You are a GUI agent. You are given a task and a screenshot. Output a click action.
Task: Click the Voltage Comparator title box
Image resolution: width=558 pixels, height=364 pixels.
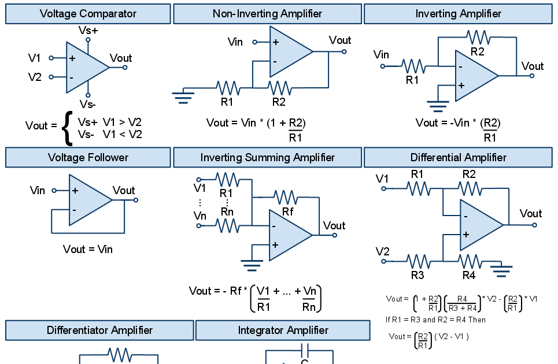(88, 14)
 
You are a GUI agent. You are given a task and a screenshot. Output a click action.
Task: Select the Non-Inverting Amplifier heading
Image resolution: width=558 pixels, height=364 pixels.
(267, 14)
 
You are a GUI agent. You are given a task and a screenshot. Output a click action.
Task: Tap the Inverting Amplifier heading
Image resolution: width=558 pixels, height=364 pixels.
(458, 14)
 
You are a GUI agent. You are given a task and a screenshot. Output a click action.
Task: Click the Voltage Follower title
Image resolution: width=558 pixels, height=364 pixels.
(88, 157)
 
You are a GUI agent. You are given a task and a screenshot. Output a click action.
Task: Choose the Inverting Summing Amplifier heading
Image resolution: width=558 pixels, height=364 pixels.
(267, 157)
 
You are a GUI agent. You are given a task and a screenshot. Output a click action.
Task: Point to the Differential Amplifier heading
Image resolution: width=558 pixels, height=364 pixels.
(458, 157)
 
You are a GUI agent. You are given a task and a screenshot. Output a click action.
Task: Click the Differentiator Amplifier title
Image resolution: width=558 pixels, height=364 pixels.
(99, 330)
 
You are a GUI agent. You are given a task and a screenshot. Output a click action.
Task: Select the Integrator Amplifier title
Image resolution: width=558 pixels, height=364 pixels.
(283, 330)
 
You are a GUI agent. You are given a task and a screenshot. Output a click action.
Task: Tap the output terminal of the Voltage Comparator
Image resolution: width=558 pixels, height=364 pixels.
(125, 68)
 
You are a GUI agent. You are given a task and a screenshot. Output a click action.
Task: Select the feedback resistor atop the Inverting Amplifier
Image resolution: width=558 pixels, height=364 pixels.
(478, 38)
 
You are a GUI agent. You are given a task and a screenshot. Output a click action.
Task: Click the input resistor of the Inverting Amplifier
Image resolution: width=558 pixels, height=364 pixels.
(414, 66)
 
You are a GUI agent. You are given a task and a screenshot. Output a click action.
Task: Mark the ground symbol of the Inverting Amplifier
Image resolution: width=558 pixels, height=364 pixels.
(438, 106)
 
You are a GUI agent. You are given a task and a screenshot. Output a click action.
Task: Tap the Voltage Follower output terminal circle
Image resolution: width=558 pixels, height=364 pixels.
(136, 200)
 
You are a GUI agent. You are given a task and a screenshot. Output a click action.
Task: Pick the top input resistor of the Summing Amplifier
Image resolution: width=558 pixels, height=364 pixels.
(228, 180)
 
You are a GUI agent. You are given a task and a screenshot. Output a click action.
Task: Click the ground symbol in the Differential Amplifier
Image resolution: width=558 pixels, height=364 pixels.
(501, 270)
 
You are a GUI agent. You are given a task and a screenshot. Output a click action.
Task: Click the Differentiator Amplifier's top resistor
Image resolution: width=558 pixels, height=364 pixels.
(120, 355)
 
